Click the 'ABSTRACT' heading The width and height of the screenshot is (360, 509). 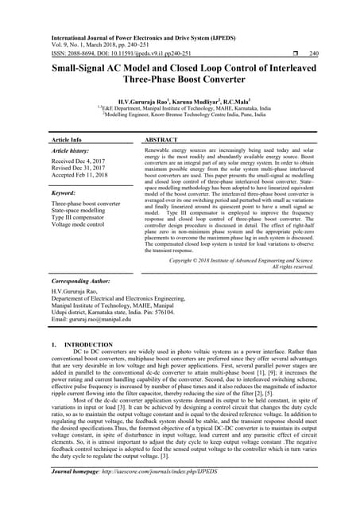pyautogui.click(x=161, y=139)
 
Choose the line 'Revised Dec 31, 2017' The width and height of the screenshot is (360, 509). pyautogui.click(x=83, y=169)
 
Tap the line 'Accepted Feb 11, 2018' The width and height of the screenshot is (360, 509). pyautogui.click(x=84, y=177)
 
